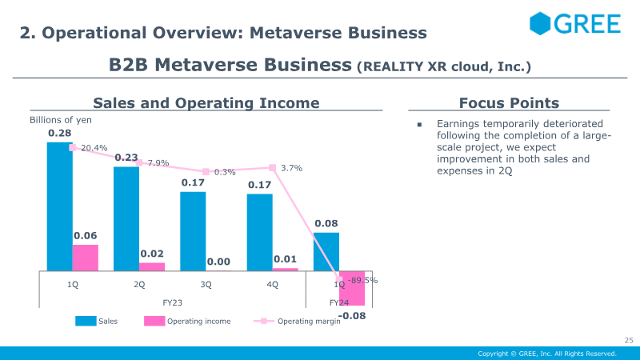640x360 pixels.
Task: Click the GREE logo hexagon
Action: click(540, 23)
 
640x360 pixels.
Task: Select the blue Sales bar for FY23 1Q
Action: click(59, 206)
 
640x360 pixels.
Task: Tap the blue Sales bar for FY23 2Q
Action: click(126, 218)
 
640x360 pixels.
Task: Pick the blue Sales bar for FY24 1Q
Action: click(326, 252)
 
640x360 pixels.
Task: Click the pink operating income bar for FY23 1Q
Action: click(86, 258)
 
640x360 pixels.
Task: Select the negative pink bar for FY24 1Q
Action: click(352, 288)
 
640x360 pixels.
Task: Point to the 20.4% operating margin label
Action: click(94, 148)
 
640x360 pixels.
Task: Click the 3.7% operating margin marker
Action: click(272, 168)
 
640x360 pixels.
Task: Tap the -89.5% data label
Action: click(362, 281)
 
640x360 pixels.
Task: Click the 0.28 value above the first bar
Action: click(59, 133)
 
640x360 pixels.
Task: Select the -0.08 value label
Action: click(352, 315)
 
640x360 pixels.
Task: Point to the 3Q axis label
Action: click(206, 285)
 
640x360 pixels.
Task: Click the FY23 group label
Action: click(172, 303)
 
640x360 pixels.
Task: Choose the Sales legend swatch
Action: click(86, 322)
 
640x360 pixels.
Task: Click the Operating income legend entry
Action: click(187, 322)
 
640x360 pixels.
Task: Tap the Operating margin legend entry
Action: click(297, 322)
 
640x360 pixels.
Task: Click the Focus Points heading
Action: click(509, 103)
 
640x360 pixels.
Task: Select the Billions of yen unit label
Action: click(61, 120)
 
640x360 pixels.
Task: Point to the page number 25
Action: click(629, 341)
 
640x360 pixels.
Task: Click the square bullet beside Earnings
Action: click(419, 125)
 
